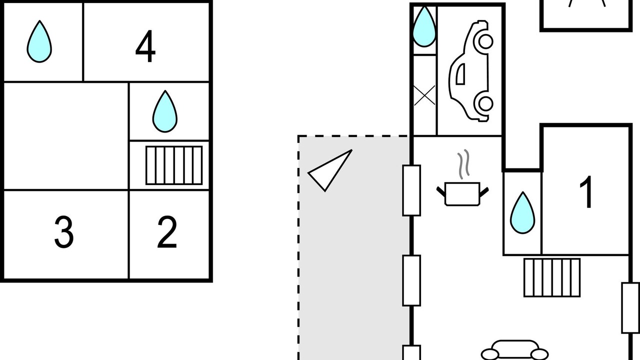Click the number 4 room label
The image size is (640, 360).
click(145, 46)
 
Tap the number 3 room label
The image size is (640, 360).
click(64, 232)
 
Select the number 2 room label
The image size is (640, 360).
click(167, 232)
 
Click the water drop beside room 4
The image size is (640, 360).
click(39, 41)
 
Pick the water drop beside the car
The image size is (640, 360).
click(424, 26)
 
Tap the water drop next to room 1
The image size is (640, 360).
click(522, 213)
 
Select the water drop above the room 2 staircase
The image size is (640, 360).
click(165, 111)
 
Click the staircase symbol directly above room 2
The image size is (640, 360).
click(174, 165)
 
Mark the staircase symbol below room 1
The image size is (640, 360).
click(552, 277)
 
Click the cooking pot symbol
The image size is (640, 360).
click(462, 194)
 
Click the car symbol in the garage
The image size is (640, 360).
click(470, 71)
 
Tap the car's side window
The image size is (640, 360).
click(460, 74)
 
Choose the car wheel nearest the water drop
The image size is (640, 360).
click(485, 41)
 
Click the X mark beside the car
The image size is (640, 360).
click(424, 95)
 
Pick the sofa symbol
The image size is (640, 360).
click(514, 350)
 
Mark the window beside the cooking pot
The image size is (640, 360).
click(411, 190)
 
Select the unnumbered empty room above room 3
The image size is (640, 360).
click(65, 136)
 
